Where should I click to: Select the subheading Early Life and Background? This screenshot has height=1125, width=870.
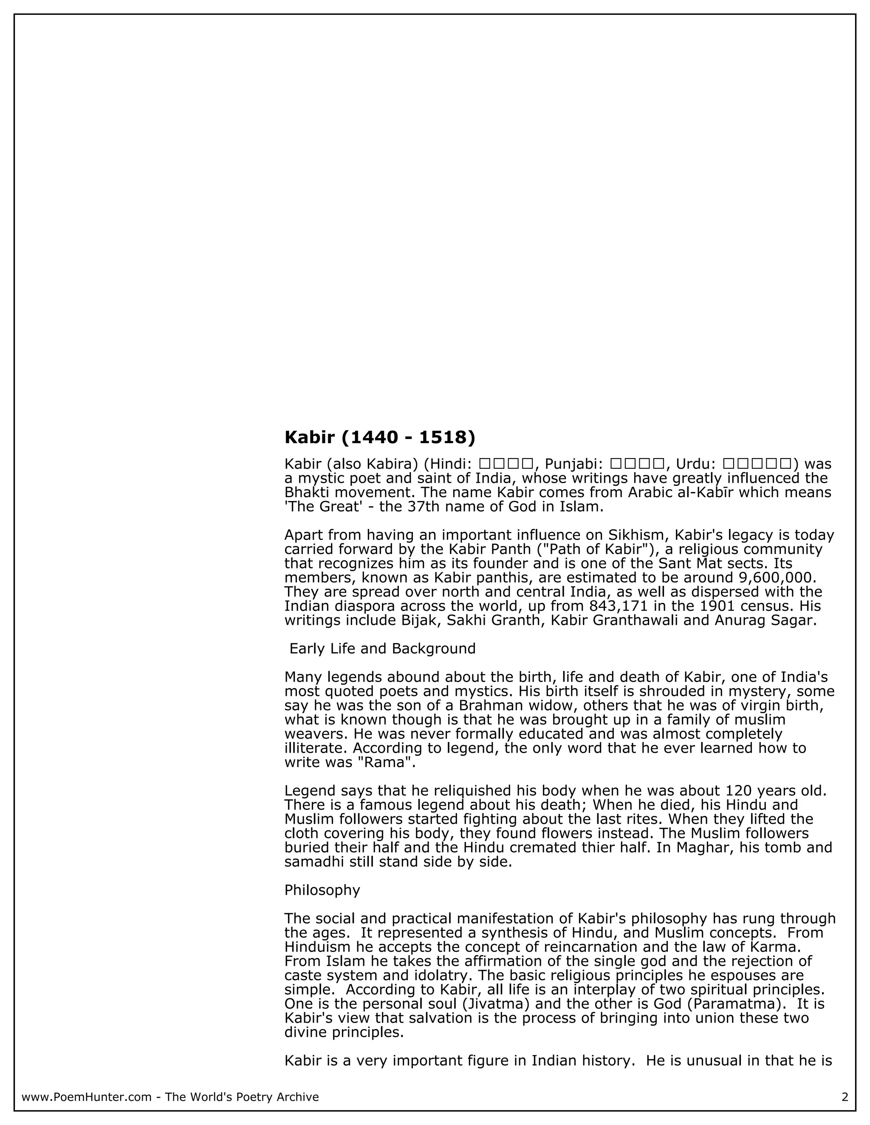pos(382,649)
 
